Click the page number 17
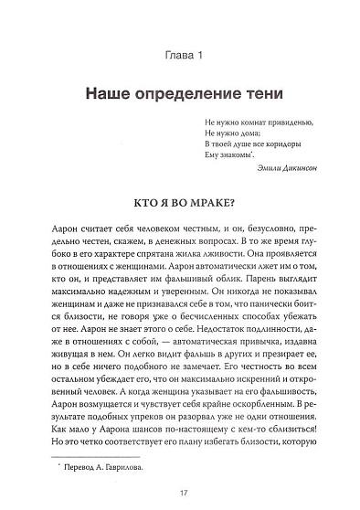coord(180,493)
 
